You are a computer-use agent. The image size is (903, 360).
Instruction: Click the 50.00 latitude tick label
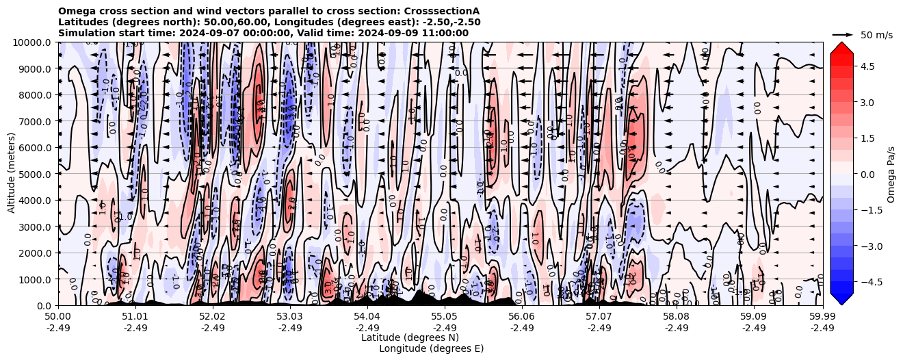(58, 317)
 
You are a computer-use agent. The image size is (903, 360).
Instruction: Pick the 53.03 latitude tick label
(290, 317)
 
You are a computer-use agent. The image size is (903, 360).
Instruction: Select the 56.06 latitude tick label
(522, 317)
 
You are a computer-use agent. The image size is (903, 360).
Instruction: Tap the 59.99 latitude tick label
(822, 317)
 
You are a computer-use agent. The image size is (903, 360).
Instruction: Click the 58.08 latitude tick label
(677, 317)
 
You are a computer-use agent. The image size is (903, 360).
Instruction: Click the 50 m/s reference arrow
(843, 34)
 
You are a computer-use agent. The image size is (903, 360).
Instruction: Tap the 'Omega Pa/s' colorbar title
(891, 174)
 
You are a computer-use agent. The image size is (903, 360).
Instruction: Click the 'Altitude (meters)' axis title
(12, 174)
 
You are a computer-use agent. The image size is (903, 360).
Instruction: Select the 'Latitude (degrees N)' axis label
(410, 337)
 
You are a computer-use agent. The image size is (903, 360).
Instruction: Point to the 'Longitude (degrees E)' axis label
(431, 348)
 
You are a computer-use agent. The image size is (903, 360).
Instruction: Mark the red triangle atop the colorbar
(842, 47)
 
